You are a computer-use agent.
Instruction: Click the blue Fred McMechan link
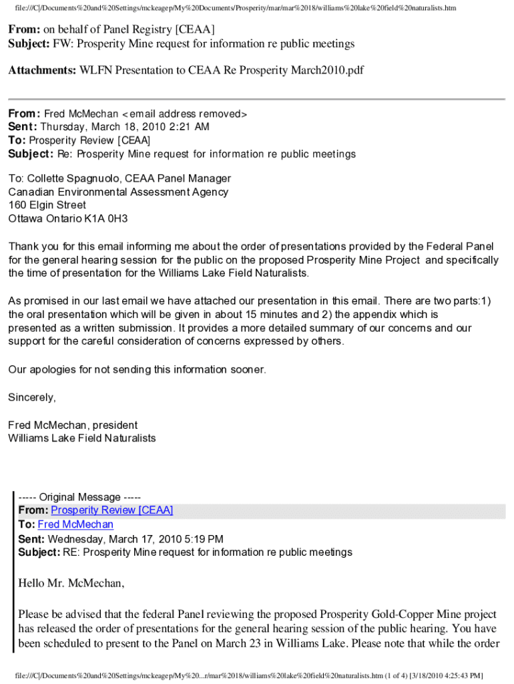click(75, 524)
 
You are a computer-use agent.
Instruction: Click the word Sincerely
click(31, 397)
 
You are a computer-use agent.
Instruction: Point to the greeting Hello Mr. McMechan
click(71, 583)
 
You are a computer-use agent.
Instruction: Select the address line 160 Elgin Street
click(47, 205)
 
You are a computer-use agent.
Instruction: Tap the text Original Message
click(79, 497)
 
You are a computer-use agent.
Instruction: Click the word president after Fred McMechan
click(115, 425)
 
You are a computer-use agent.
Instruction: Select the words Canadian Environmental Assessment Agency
click(118, 192)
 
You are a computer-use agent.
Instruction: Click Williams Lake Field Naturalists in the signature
click(82, 438)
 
